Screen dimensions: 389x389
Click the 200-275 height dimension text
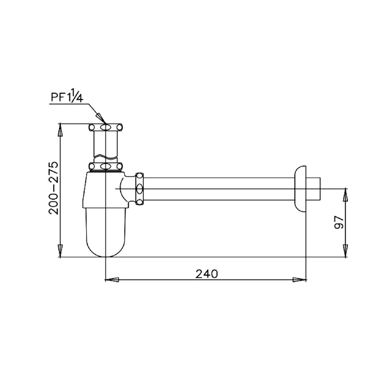[x=53, y=188]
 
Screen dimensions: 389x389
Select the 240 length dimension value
[x=207, y=274]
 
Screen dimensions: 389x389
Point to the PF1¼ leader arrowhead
[x=100, y=117]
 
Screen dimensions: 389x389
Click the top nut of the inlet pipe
[x=105, y=127]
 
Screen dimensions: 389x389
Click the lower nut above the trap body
[x=105, y=167]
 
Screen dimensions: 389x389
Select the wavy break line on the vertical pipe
[x=105, y=157]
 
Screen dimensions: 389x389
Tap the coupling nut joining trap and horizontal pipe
[x=139, y=189]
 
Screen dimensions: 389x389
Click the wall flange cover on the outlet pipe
[x=300, y=189]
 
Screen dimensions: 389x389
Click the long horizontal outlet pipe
[x=218, y=189]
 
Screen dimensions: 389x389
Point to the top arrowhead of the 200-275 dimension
[x=60, y=130]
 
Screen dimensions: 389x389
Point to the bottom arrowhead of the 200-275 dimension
[x=60, y=251]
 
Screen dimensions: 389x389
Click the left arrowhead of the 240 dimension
[x=112, y=280]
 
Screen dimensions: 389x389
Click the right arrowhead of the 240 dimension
[x=300, y=280]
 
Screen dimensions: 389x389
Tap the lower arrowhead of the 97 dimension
[x=345, y=251]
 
